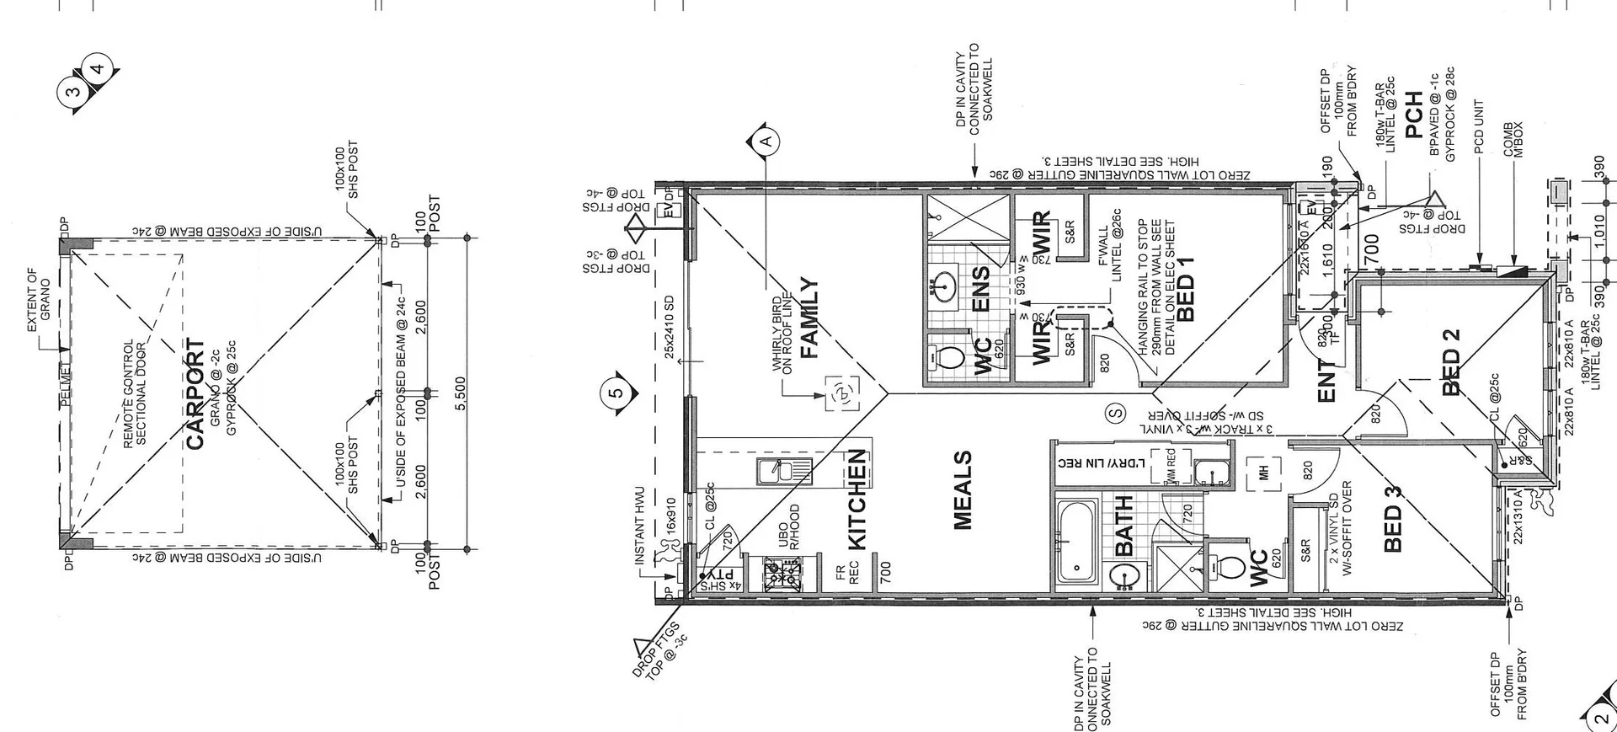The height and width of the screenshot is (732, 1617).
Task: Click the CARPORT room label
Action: tap(195, 394)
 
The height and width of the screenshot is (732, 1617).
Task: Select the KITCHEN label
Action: tap(856, 499)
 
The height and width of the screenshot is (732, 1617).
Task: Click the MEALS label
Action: tap(963, 490)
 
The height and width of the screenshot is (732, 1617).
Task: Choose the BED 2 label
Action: tap(1450, 361)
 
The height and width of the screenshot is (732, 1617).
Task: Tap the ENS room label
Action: tap(981, 289)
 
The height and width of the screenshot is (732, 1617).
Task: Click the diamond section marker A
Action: tap(765, 142)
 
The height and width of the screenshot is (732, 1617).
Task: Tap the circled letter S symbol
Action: tap(1116, 413)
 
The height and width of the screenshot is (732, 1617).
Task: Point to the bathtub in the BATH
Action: tap(1075, 541)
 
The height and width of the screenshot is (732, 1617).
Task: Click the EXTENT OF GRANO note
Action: tap(39, 294)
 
